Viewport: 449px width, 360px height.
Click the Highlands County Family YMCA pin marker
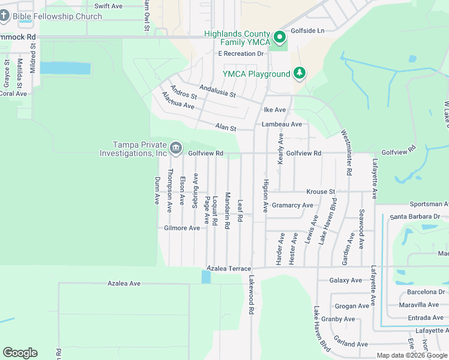click(x=280, y=38)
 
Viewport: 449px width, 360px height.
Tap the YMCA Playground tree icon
click(x=299, y=74)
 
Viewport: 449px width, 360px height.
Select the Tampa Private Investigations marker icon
click(x=176, y=148)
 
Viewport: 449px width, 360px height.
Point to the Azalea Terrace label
click(x=228, y=269)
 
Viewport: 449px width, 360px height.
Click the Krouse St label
click(x=321, y=192)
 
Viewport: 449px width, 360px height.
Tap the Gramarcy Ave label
click(x=292, y=205)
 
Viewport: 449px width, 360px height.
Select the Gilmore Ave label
click(x=182, y=229)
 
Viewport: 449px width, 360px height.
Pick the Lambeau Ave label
click(x=282, y=124)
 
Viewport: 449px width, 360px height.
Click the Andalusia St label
click(x=217, y=91)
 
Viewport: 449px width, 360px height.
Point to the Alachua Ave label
click(x=178, y=101)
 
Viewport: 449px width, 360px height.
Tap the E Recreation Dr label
click(x=241, y=54)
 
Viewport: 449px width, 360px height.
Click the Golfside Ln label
click(x=307, y=31)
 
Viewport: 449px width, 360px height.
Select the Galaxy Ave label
click(x=346, y=280)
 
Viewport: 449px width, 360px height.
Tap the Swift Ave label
click(x=109, y=6)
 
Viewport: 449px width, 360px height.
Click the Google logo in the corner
click(x=20, y=353)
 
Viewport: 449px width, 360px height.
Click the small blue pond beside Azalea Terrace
click(x=206, y=277)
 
